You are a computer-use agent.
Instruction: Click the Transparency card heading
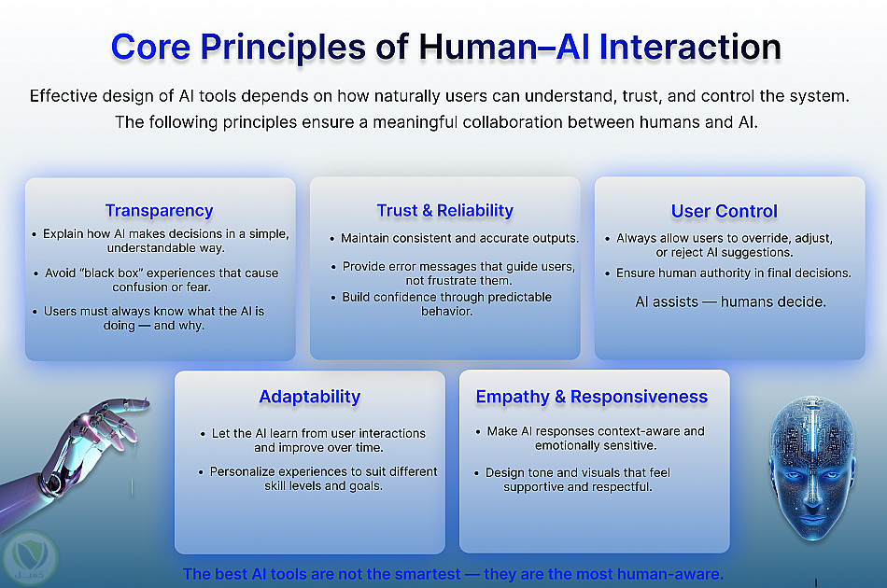pyautogui.click(x=159, y=210)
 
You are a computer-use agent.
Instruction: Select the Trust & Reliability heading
pyautogui.click(x=444, y=210)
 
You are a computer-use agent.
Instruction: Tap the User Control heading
pyautogui.click(x=725, y=211)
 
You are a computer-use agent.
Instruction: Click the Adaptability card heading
pyautogui.click(x=309, y=397)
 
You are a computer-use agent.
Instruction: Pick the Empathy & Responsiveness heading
pyautogui.click(x=592, y=397)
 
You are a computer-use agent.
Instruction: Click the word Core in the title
pyautogui.click(x=150, y=47)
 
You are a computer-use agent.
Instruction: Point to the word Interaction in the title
pyautogui.click(x=690, y=47)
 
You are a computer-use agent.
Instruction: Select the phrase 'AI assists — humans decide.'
pyautogui.click(x=730, y=301)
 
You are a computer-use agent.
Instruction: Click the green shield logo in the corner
pyautogui.click(x=30, y=558)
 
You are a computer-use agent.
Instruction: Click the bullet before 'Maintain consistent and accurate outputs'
pyautogui.click(x=332, y=239)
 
